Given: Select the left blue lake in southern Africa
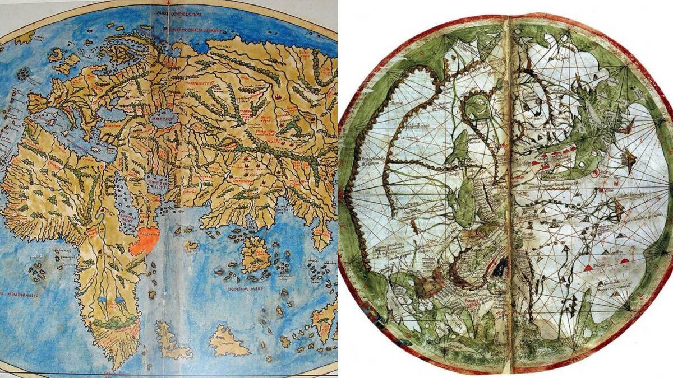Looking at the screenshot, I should [102, 301].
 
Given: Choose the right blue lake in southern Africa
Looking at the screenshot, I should [119, 301].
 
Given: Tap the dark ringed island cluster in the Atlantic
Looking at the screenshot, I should [22, 73].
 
